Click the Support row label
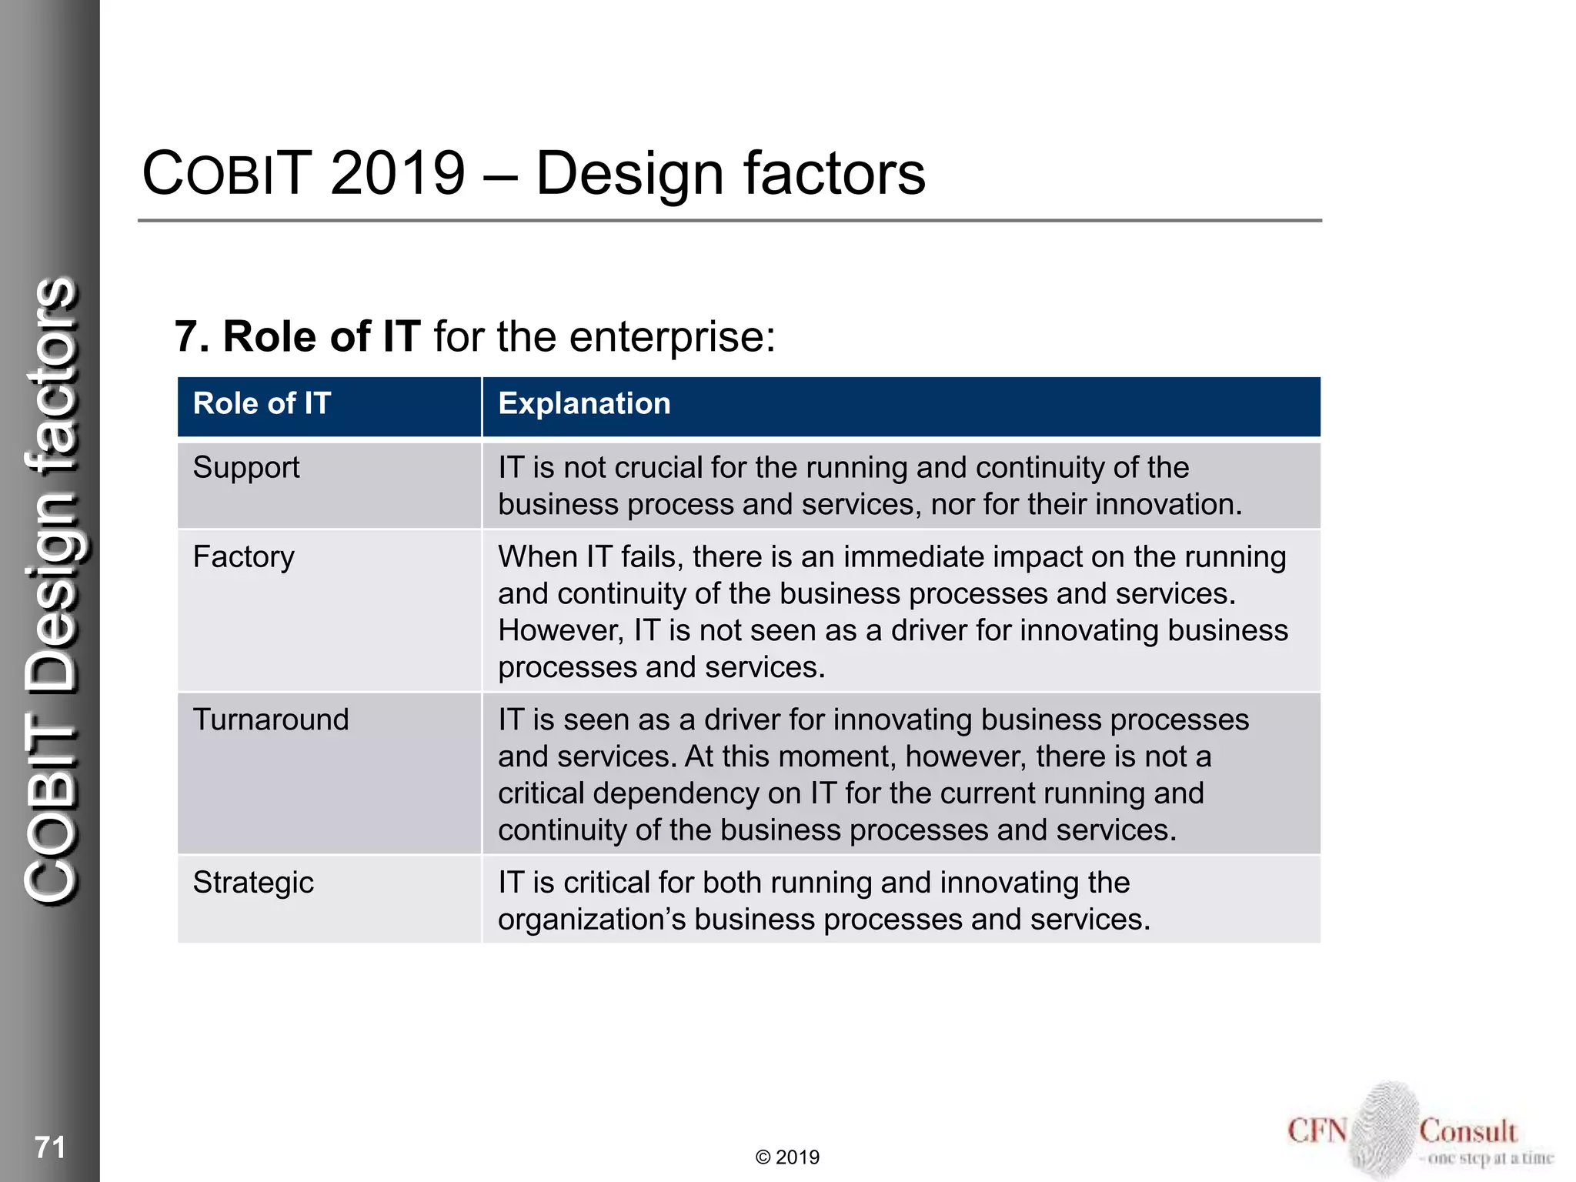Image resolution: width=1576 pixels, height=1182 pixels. click(246, 468)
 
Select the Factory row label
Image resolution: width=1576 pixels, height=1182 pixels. click(243, 557)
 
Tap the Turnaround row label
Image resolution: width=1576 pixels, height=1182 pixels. click(271, 720)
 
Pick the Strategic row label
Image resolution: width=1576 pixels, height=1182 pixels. click(253, 883)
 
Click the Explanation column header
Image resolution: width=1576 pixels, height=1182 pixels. click(584, 404)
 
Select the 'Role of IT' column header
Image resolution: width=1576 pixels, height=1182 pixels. click(262, 404)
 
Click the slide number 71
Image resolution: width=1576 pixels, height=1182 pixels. click(50, 1147)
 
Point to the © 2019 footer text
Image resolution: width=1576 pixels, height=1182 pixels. click(787, 1157)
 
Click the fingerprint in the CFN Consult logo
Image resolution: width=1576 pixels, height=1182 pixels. click(1384, 1127)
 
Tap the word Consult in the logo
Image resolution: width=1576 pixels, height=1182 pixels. click(1467, 1131)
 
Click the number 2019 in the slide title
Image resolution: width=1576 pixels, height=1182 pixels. click(398, 173)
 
